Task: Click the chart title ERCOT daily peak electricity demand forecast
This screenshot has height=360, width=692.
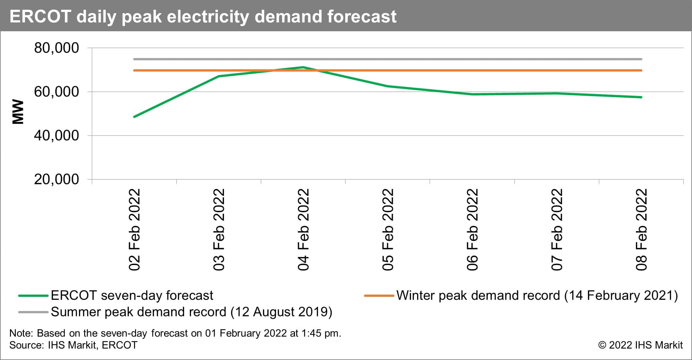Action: (203, 16)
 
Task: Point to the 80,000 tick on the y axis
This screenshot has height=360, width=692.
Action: (56, 48)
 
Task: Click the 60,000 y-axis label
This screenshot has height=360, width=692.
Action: (56, 92)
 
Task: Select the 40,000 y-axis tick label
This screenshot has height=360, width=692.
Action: (56, 136)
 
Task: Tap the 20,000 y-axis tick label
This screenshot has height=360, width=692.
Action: (56, 180)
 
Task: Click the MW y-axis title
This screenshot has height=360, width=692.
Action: (18, 112)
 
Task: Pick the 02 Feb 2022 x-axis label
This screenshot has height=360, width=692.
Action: (134, 229)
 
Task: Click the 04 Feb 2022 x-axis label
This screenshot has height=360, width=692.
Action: (303, 229)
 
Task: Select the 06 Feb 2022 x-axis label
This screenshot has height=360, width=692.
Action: (472, 229)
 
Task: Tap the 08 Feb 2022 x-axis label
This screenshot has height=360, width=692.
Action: (641, 229)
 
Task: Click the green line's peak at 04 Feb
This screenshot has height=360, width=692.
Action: (303, 67)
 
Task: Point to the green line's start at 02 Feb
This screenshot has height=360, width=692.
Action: (134, 117)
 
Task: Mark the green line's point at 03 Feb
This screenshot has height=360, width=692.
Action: (219, 76)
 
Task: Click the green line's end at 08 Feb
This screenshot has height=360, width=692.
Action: (641, 97)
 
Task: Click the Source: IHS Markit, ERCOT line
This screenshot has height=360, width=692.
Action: (73, 345)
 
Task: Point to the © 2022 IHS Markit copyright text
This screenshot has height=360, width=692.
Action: (640, 345)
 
